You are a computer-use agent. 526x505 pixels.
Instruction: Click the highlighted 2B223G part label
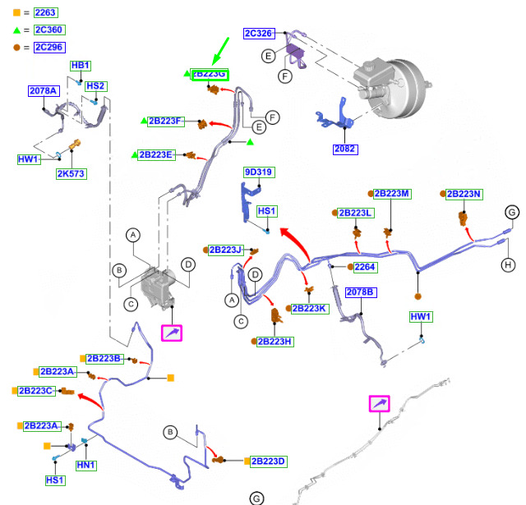210,75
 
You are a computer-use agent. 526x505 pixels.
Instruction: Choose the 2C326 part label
259,34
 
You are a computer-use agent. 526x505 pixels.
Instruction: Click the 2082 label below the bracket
345,149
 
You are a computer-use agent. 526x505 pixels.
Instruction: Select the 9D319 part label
258,172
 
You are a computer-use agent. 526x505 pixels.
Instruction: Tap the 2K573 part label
72,174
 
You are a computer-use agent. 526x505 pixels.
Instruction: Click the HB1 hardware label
81,65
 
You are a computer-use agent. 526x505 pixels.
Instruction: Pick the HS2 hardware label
95,86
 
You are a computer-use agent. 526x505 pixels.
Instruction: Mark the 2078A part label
44,91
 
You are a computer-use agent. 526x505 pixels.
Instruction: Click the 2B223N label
464,194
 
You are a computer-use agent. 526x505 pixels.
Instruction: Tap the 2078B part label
359,292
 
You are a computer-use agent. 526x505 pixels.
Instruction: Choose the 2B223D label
268,461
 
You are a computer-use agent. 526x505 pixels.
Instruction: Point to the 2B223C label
38,391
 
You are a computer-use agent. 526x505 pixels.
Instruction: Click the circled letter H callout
508,264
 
